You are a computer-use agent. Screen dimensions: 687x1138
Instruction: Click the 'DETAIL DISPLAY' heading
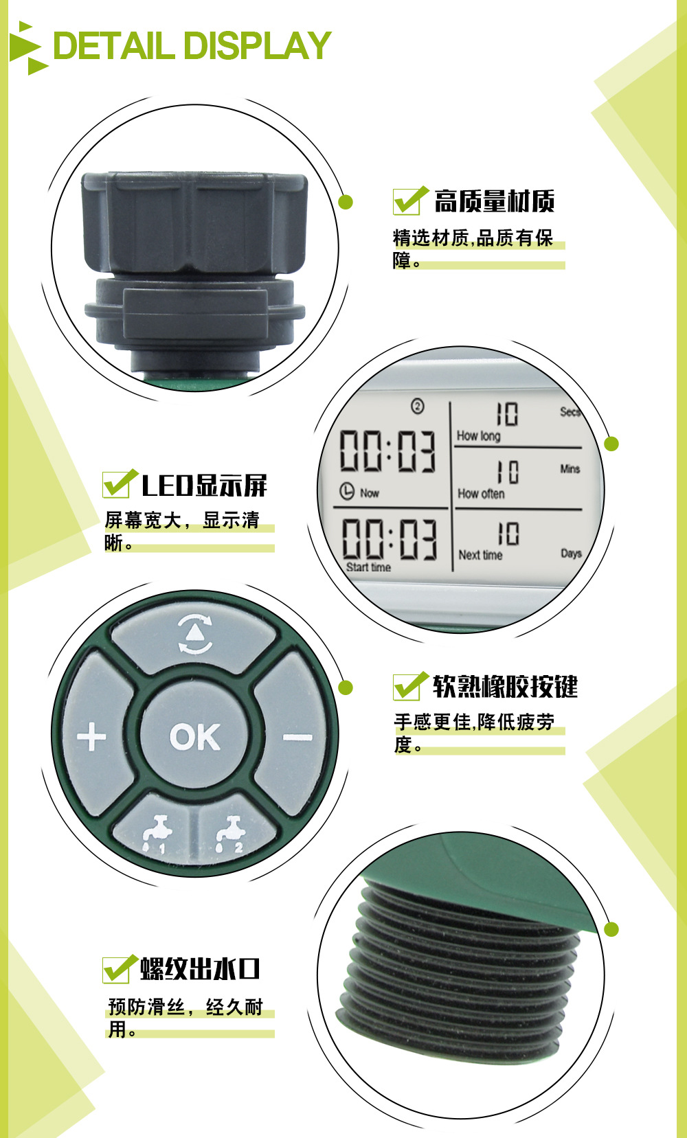192,46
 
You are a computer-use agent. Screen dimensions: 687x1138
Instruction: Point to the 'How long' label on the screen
478,436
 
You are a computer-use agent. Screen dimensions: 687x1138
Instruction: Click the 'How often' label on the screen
481,494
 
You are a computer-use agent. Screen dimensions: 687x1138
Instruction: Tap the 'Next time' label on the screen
480,556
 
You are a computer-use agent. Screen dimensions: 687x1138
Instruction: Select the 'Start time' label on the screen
368,567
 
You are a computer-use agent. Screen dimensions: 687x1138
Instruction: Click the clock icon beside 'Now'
347,491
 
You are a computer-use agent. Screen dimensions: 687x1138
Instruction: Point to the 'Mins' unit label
570,469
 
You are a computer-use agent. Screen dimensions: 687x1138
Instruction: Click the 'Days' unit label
571,554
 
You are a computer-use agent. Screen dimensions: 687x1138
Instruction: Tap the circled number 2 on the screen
418,407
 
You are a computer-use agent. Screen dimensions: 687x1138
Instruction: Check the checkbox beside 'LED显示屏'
119,483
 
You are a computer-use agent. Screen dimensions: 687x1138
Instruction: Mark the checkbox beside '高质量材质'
409,200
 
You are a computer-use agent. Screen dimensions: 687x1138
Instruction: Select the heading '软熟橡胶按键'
505,686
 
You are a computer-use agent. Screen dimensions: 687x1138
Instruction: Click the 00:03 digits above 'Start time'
390,538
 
